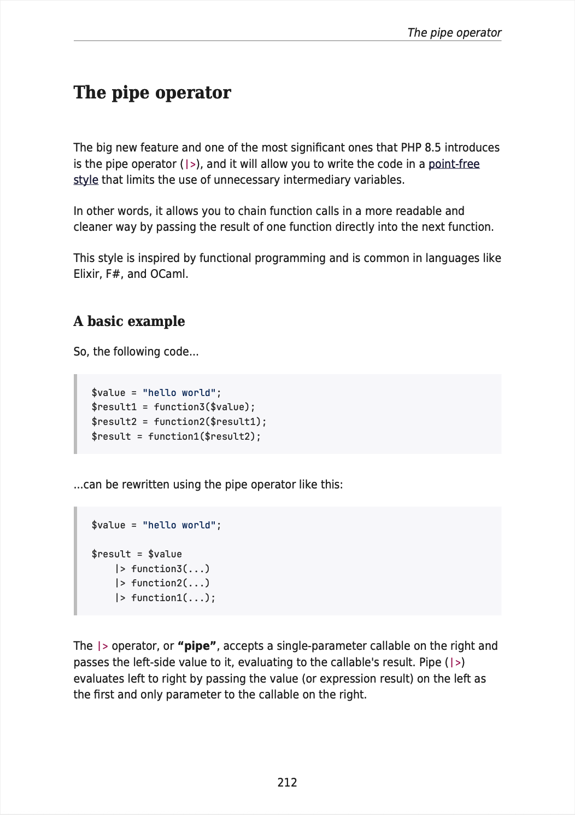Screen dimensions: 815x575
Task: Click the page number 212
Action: (x=287, y=783)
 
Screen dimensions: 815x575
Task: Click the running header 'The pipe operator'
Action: (x=454, y=33)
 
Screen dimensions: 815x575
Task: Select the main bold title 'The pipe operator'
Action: (x=152, y=93)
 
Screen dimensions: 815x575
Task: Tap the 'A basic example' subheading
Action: (x=129, y=321)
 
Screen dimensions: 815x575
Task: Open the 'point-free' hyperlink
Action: (x=454, y=164)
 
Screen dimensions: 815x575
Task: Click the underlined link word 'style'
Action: (x=86, y=180)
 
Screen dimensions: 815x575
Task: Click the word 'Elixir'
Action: (x=86, y=274)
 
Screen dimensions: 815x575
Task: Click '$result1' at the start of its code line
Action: (x=114, y=407)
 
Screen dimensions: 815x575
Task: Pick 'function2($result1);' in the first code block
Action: (x=210, y=422)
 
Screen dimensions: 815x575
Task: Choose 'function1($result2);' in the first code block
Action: (x=204, y=436)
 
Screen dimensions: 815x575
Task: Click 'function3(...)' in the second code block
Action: (x=171, y=569)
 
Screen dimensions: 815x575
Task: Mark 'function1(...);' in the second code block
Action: (x=173, y=598)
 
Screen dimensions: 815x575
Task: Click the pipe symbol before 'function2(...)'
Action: (x=120, y=583)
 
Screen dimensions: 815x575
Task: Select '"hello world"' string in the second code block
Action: (x=179, y=525)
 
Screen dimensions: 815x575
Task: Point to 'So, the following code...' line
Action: (x=136, y=352)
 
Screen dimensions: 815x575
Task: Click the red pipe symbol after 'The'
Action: (x=102, y=646)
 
